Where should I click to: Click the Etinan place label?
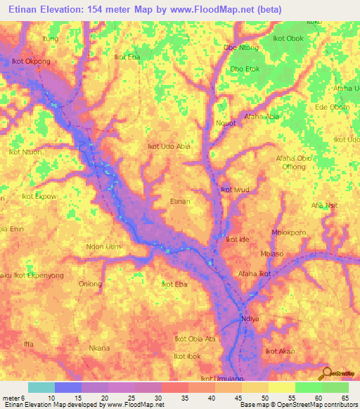[x=180, y=202]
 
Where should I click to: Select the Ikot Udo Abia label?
[x=168, y=146]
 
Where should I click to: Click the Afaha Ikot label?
[x=254, y=273]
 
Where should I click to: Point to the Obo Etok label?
[x=245, y=69]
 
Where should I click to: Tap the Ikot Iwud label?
[x=235, y=190]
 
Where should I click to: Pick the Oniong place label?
[x=90, y=284]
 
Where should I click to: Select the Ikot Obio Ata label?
[x=195, y=339]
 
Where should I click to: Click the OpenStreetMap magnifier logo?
[x=325, y=372]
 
